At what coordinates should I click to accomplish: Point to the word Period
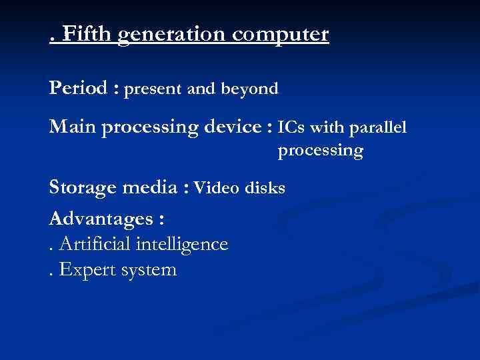coord(77,88)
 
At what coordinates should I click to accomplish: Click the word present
coord(155,89)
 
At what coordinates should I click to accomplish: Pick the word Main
coord(72,127)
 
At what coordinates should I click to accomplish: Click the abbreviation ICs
coord(291,127)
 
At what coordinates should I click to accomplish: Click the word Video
coord(217,188)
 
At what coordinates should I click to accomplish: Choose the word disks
coord(265,188)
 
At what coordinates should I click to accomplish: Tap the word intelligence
coord(181,245)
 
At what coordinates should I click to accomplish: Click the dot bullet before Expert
coord(52,275)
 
